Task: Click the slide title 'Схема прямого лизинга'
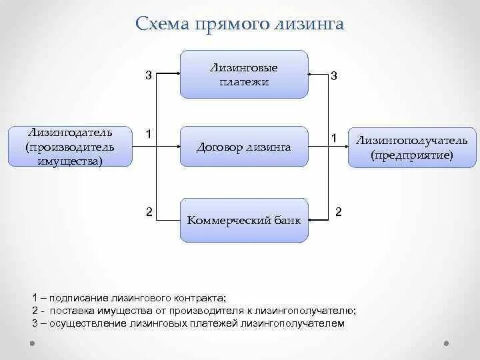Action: tap(239, 24)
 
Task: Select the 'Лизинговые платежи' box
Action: tap(244, 75)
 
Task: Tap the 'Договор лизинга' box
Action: tap(244, 147)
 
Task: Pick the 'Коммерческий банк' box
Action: tap(244, 220)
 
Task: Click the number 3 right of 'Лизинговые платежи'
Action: tap(334, 76)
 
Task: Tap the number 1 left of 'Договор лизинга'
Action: tap(149, 135)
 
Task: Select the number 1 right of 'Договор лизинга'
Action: tap(334, 138)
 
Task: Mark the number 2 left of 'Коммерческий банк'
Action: tap(149, 212)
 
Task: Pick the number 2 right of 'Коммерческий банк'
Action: tap(338, 212)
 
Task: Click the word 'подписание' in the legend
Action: tap(74, 298)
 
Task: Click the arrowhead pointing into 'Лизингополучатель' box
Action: tap(345, 147)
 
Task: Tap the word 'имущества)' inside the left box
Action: tap(61, 161)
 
